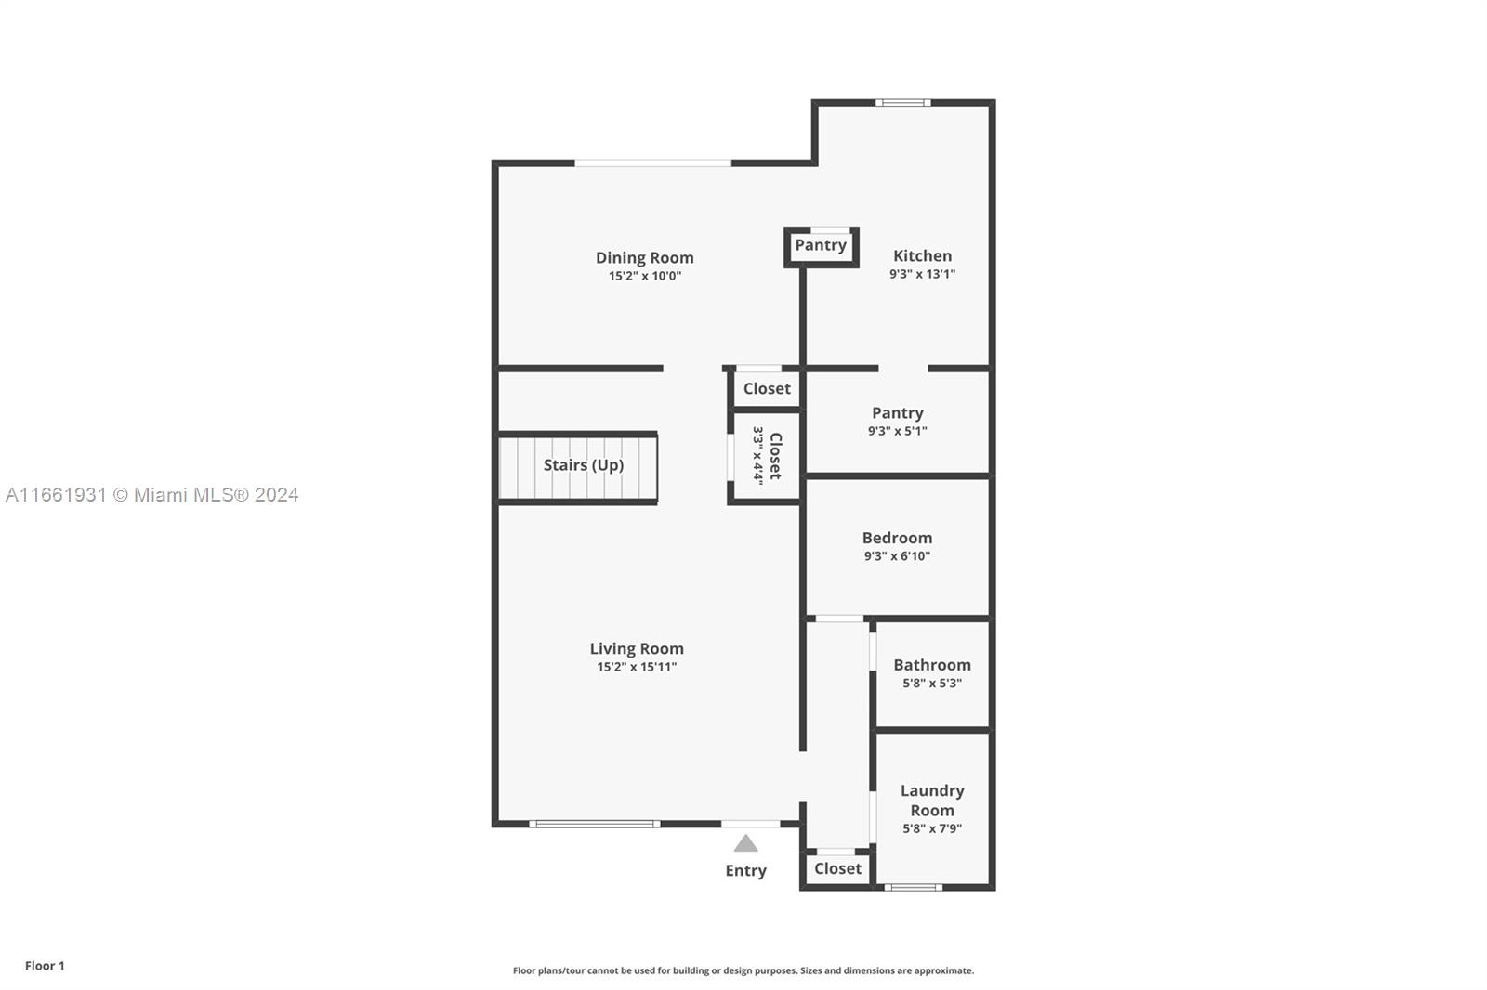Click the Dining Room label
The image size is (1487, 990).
click(x=644, y=257)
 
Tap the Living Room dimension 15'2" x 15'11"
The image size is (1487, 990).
click(x=637, y=667)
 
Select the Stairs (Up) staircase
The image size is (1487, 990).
click(x=578, y=467)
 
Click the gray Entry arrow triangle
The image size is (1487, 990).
click(x=745, y=843)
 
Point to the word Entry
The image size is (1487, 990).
click(x=745, y=870)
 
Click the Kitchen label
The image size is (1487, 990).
click(x=922, y=255)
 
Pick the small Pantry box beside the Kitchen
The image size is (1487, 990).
click(x=821, y=246)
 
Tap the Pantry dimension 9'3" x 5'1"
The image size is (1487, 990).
click(x=897, y=431)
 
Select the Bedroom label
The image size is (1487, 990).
click(x=897, y=538)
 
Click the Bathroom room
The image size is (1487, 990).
click(x=932, y=673)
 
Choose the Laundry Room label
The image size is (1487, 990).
click(x=932, y=800)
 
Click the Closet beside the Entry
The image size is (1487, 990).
click(x=837, y=868)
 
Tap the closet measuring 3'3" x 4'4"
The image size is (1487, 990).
click(x=766, y=456)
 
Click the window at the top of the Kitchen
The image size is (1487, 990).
click(x=902, y=103)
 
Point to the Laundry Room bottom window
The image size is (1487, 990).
click(x=913, y=888)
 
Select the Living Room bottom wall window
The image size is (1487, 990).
click(x=595, y=824)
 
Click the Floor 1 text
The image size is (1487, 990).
click(x=45, y=966)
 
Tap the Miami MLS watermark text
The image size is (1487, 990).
click(x=152, y=495)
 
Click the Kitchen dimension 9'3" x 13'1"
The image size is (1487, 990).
click(x=922, y=274)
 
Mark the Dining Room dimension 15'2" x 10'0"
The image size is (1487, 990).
click(x=644, y=276)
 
